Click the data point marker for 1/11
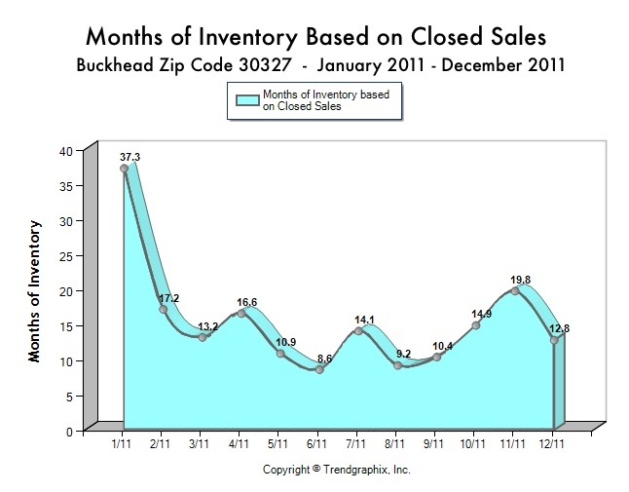tap(125, 169)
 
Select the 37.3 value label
tap(130, 156)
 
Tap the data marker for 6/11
tap(318, 369)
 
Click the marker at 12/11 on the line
tap(554, 340)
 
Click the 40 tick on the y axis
tap(65, 151)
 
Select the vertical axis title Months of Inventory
tap(35, 291)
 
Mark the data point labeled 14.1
tap(358, 331)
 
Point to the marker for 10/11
tap(475, 325)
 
